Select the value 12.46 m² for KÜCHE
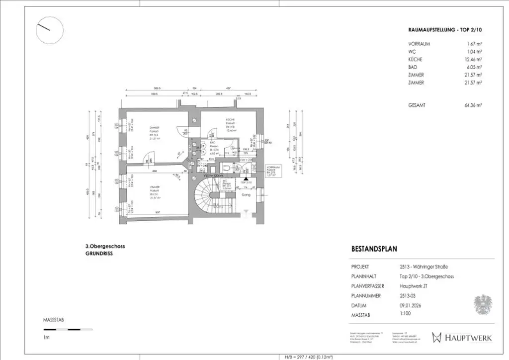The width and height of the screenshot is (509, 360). tap(474, 59)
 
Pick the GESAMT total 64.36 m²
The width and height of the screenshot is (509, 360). tap(474, 105)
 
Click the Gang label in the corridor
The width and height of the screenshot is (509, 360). tap(245, 195)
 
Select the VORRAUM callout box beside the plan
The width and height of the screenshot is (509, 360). tap(273, 170)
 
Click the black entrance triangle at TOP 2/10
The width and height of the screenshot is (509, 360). tap(245, 180)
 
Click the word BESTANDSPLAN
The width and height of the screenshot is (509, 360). tap(373, 248)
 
